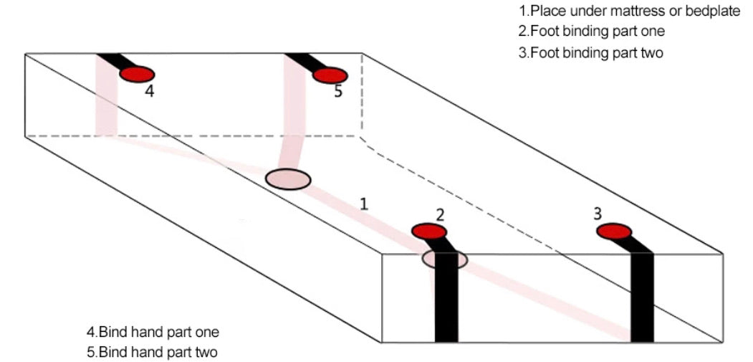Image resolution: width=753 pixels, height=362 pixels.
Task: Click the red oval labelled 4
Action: click(137, 74)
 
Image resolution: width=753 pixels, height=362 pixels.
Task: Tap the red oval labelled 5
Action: click(330, 75)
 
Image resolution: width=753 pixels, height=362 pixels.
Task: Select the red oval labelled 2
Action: click(429, 231)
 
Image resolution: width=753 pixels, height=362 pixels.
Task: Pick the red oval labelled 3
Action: click(614, 232)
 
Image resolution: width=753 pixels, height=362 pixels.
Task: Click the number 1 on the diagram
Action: click(364, 204)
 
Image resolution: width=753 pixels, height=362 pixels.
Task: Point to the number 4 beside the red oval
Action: click(149, 92)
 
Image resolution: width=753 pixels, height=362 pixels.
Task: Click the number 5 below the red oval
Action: click(338, 92)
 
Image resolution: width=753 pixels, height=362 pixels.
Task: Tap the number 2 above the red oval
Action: click(440, 214)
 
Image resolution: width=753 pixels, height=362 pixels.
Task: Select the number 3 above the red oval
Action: click(598, 213)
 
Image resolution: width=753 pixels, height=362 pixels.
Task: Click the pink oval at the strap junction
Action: click(288, 179)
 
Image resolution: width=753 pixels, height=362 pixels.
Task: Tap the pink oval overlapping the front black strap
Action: click(444, 259)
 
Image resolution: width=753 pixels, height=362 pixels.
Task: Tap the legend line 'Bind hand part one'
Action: click(153, 332)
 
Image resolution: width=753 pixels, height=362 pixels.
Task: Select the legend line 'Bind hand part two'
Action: click(153, 352)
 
